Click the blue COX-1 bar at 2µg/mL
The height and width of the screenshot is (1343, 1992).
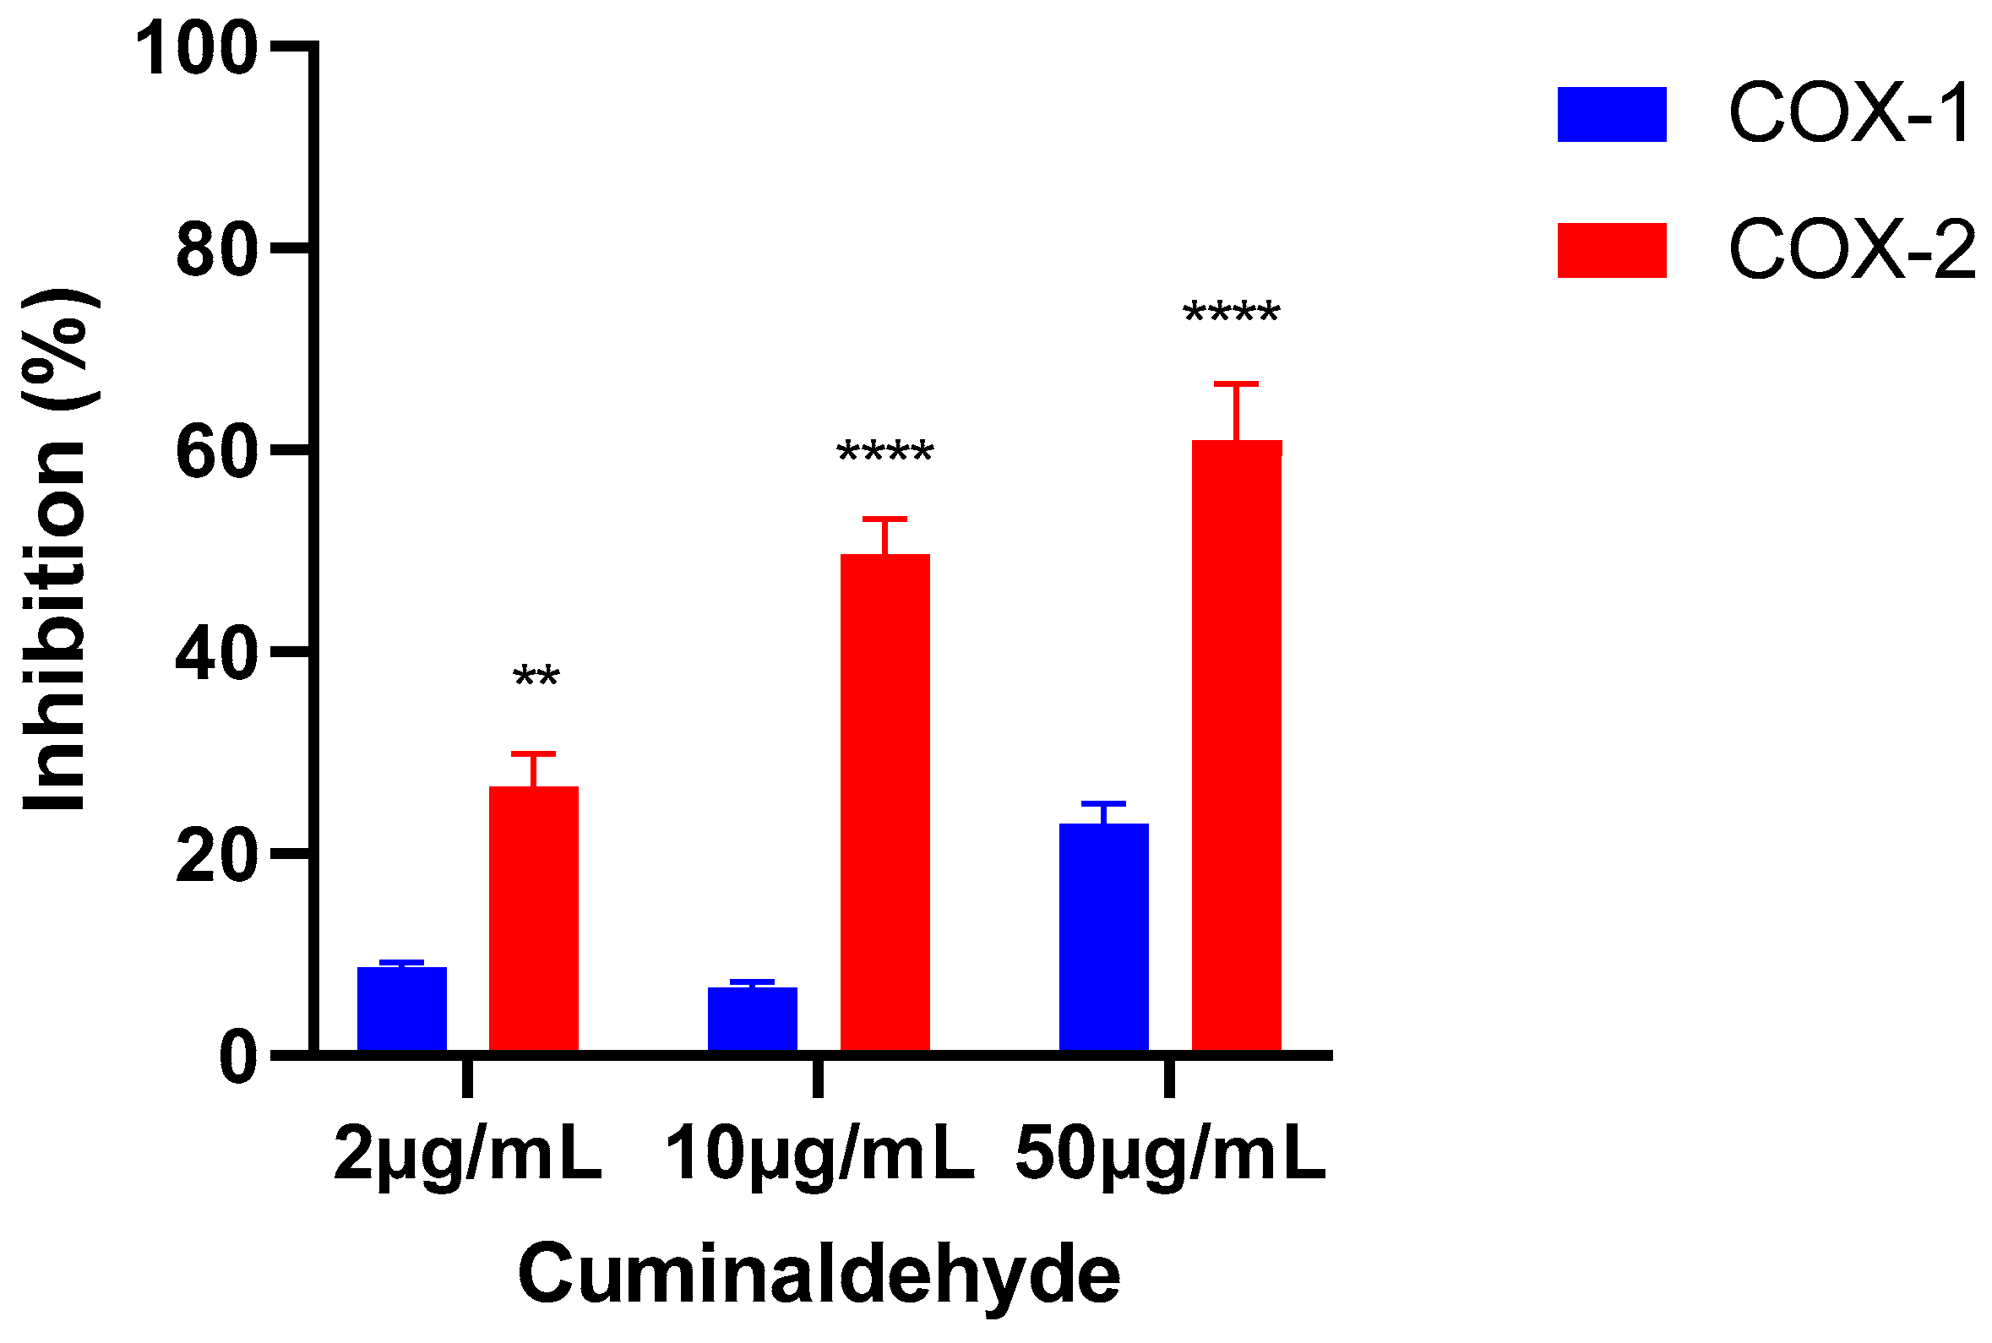pos(401,1009)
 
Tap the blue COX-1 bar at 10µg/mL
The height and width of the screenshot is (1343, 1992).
pos(752,1019)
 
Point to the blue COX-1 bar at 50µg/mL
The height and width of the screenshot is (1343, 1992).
pos(1103,937)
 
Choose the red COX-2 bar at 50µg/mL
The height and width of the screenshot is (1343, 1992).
pos(1236,745)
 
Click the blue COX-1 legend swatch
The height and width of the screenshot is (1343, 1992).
pos(1611,114)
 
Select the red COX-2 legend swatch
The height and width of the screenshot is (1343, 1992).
pos(1611,250)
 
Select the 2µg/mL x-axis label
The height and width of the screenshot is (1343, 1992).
pos(468,1155)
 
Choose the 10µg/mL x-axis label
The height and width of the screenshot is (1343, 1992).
pos(819,1155)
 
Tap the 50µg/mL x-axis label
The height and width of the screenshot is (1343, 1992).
pos(1170,1155)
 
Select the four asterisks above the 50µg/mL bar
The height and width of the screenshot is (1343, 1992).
pos(1231,314)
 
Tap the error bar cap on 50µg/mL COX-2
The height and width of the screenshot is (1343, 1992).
pos(1236,383)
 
